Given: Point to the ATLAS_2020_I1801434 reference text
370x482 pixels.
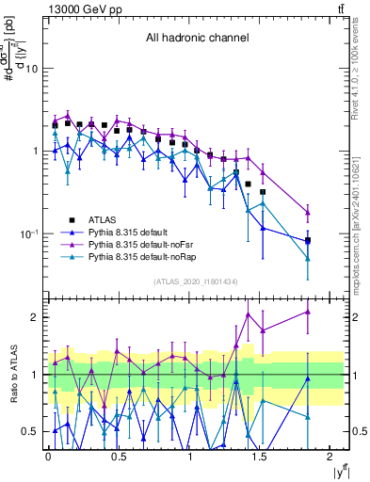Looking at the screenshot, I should coord(195,282).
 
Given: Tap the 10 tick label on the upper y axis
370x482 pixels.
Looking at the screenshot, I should coord(31,69).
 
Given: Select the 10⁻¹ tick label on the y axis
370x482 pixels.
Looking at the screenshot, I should coord(28,233).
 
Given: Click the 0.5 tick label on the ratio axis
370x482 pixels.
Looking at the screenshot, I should coord(30,431).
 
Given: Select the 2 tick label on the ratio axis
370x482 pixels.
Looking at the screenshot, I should coord(35,317).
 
